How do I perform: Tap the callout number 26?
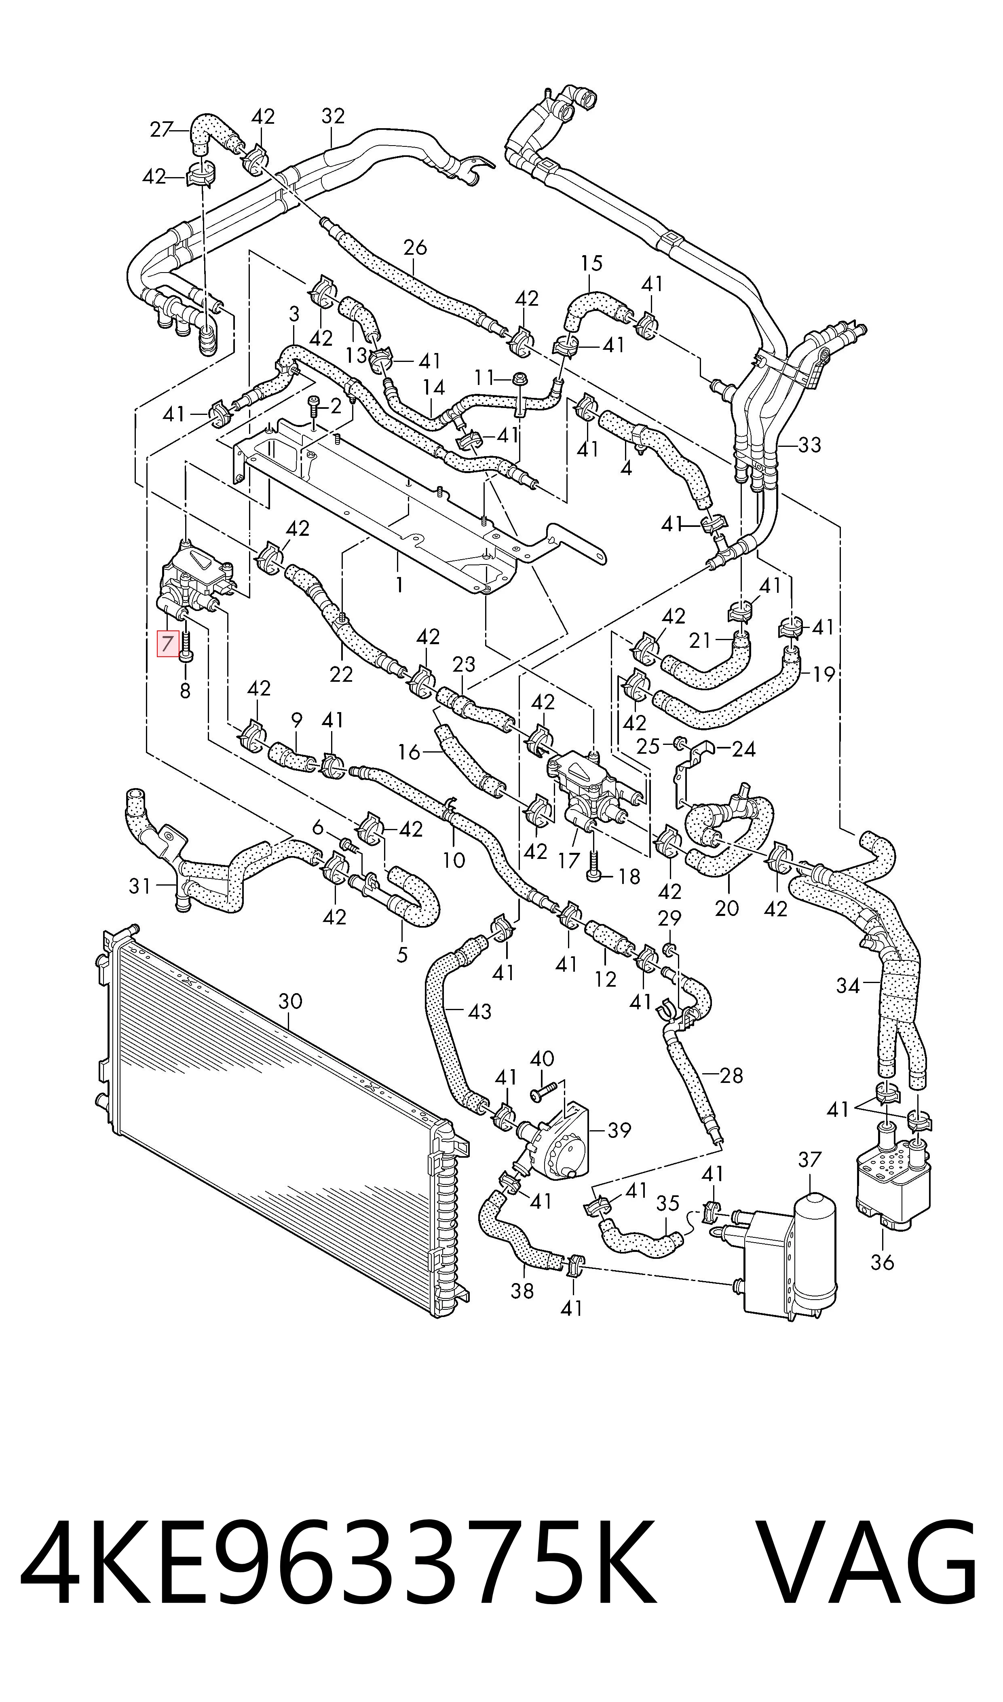click(x=415, y=247)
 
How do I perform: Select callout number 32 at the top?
click(x=333, y=116)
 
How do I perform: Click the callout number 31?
click(x=140, y=886)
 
